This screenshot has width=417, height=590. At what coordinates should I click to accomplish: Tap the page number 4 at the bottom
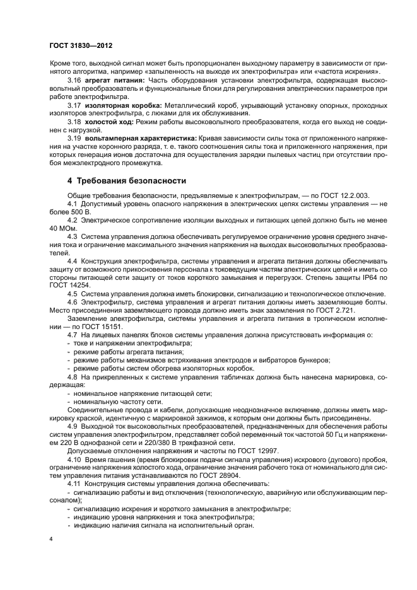click(51, 539)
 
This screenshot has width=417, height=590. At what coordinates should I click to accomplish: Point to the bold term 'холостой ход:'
click(105, 120)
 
